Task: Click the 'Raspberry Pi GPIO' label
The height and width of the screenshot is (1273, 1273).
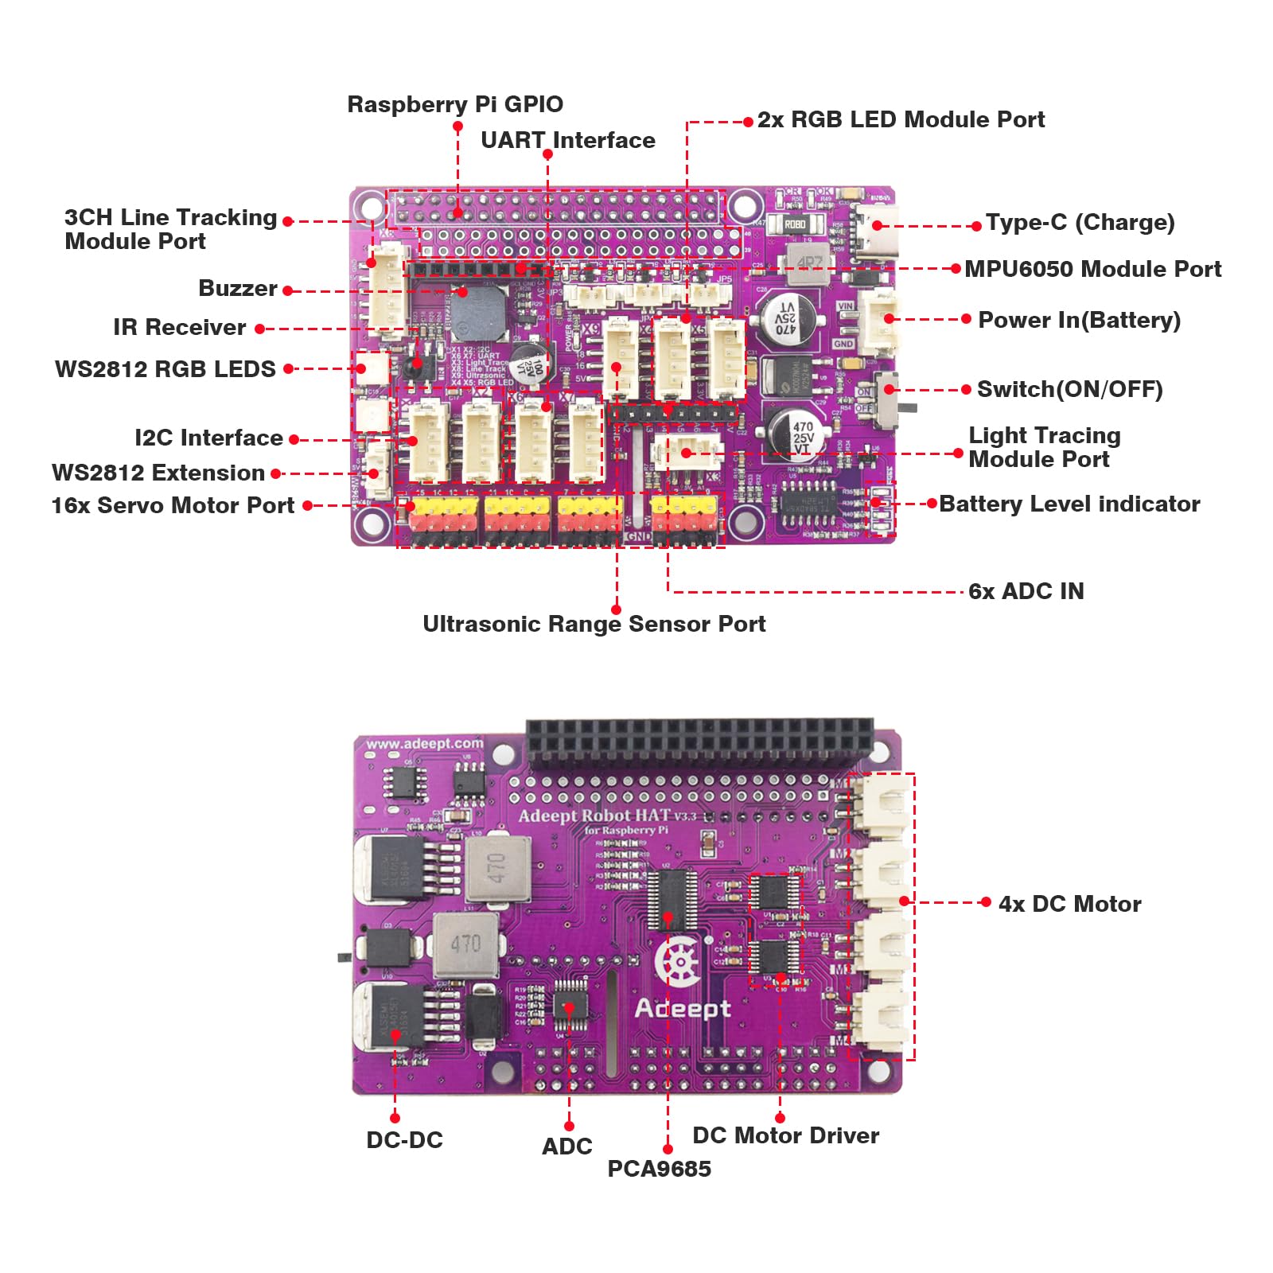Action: click(x=455, y=104)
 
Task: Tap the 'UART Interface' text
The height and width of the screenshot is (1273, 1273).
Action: click(x=567, y=141)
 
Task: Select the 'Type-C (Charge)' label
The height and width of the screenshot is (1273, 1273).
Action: click(x=1080, y=223)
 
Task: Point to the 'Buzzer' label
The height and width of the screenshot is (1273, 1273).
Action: click(x=237, y=288)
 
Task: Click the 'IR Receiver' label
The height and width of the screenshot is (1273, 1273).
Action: click(x=179, y=327)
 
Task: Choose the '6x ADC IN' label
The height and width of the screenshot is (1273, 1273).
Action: click(x=1026, y=591)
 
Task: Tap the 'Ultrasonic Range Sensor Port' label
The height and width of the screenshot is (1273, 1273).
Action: click(x=594, y=624)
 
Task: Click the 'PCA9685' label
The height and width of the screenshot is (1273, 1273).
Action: click(x=659, y=1169)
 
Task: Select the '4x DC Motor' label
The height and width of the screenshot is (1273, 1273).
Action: click(x=1069, y=904)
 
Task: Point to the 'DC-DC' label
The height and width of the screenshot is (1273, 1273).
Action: click(x=404, y=1140)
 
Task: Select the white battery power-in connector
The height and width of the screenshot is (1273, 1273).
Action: click(x=880, y=322)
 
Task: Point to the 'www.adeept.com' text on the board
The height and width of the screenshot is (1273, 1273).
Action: click(x=424, y=744)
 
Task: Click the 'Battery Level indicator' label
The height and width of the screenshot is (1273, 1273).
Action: click(x=1069, y=504)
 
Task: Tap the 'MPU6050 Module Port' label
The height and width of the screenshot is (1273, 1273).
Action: click(x=1092, y=270)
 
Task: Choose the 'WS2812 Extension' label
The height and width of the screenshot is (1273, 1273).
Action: click(x=158, y=473)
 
